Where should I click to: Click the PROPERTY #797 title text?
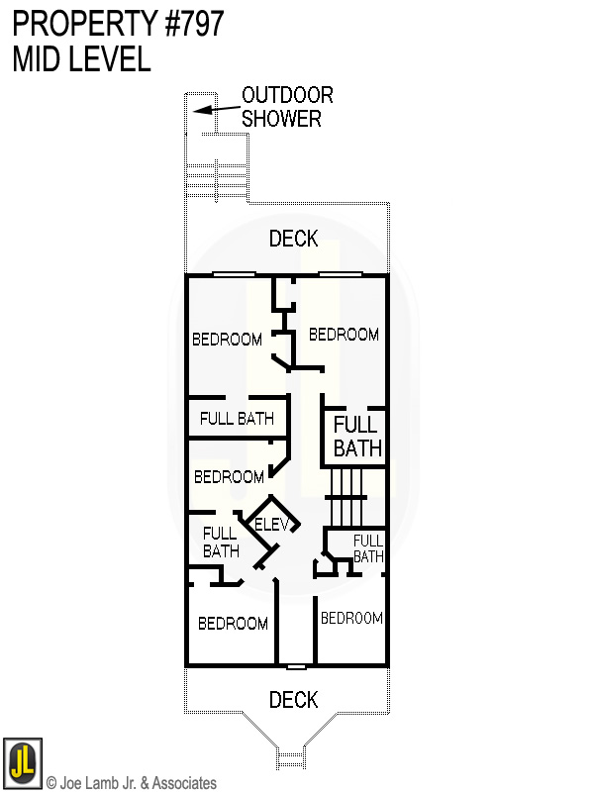point(118,22)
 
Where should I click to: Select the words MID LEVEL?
point(81,59)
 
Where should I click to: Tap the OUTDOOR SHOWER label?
point(287,107)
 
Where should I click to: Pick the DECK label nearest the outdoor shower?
point(294,239)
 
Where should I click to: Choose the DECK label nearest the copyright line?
point(294,700)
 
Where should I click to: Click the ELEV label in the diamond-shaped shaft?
point(271,525)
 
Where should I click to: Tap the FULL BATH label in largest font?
point(356,437)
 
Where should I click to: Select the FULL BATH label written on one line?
point(237,419)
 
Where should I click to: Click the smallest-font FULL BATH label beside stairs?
point(368,548)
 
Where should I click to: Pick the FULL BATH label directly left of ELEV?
point(220,543)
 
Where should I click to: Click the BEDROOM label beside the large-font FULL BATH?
point(344,335)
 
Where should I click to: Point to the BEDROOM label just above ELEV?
point(229,477)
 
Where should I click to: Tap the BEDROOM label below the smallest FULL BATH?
point(351,618)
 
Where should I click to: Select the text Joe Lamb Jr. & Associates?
point(138,783)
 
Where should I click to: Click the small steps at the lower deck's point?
point(290,758)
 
